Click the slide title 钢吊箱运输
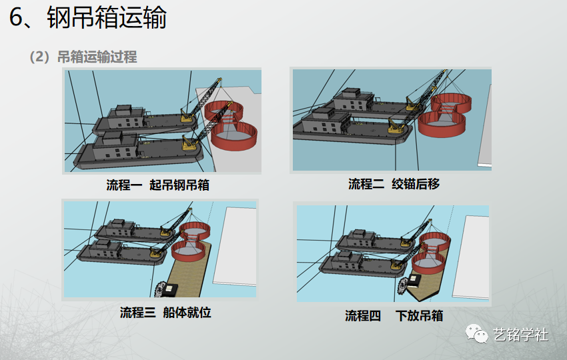click(x=107, y=18)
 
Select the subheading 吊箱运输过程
click(x=97, y=57)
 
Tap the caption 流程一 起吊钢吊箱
click(x=158, y=185)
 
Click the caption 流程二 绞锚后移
click(x=394, y=184)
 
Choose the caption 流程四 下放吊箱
click(x=394, y=315)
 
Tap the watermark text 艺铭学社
click(x=520, y=335)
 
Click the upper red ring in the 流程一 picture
click(x=226, y=110)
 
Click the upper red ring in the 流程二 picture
click(x=451, y=102)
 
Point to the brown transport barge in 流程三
click(x=187, y=277)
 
